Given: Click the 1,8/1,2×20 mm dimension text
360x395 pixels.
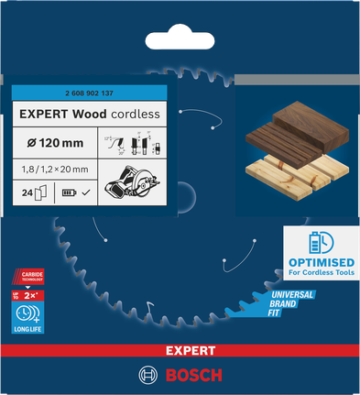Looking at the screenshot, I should click(x=56, y=169).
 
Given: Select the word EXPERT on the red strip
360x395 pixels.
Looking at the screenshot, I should click(x=180, y=351).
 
